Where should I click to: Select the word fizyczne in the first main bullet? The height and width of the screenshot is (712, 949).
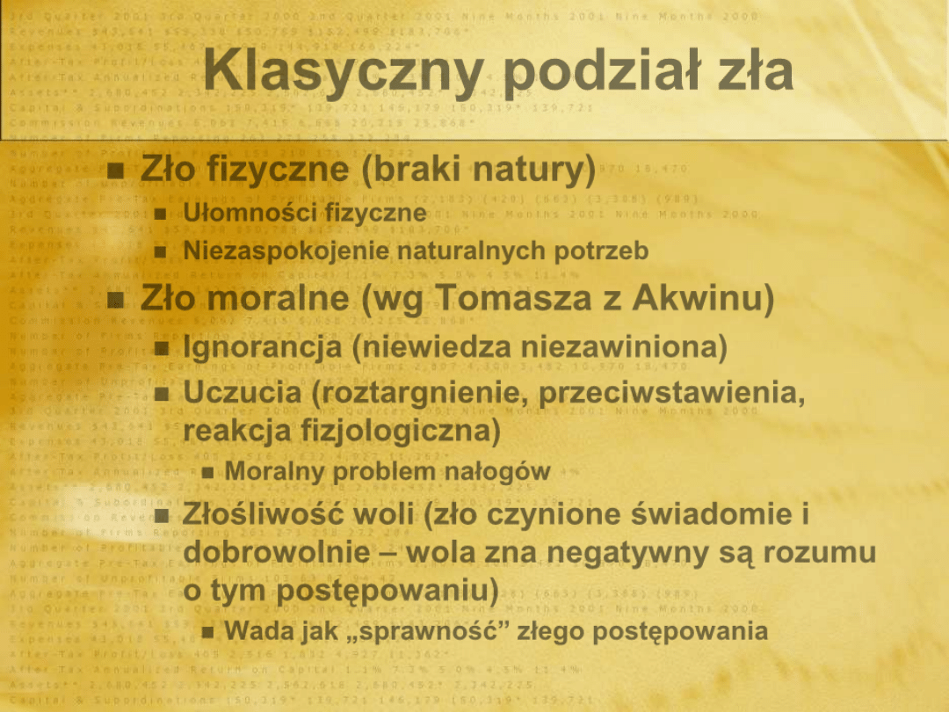tap(281, 170)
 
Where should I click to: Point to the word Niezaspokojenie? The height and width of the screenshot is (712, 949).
tap(286, 251)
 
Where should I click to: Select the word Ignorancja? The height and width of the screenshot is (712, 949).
tap(263, 349)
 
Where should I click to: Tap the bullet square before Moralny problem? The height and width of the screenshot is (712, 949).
tap(208, 473)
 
